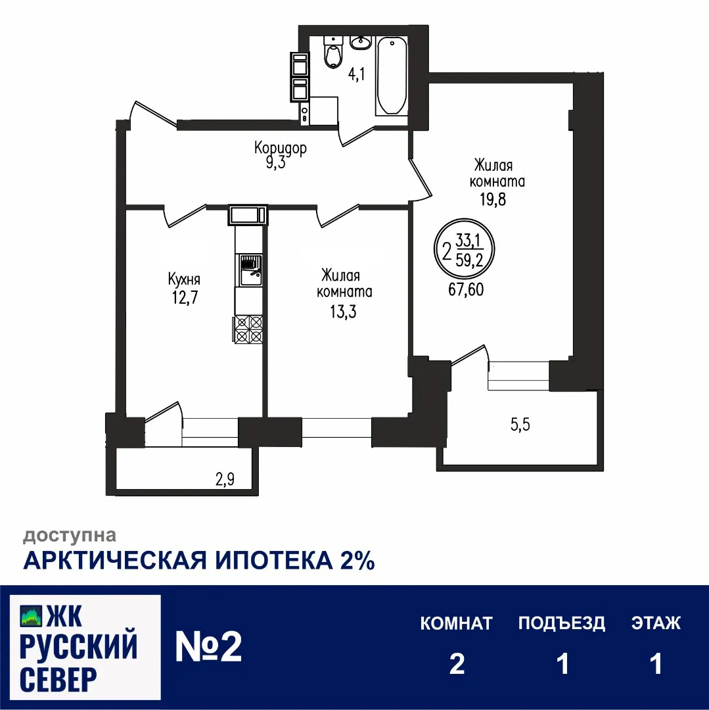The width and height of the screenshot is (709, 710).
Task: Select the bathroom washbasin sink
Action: pos(360,43)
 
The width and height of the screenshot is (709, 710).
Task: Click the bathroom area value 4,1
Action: pos(356,74)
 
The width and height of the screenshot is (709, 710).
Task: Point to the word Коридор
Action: pos(281,149)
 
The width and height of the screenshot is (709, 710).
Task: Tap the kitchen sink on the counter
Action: pos(249,270)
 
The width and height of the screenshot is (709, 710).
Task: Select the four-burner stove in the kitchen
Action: pos(249,329)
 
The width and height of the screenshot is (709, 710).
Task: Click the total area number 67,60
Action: pos(466,289)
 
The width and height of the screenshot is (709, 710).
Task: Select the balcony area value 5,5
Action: pos(520,425)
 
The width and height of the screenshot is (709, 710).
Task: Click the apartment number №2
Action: pos(209,647)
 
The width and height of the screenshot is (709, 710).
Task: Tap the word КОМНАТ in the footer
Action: pos(456,623)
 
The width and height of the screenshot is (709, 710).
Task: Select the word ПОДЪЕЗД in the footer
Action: pos(561,623)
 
